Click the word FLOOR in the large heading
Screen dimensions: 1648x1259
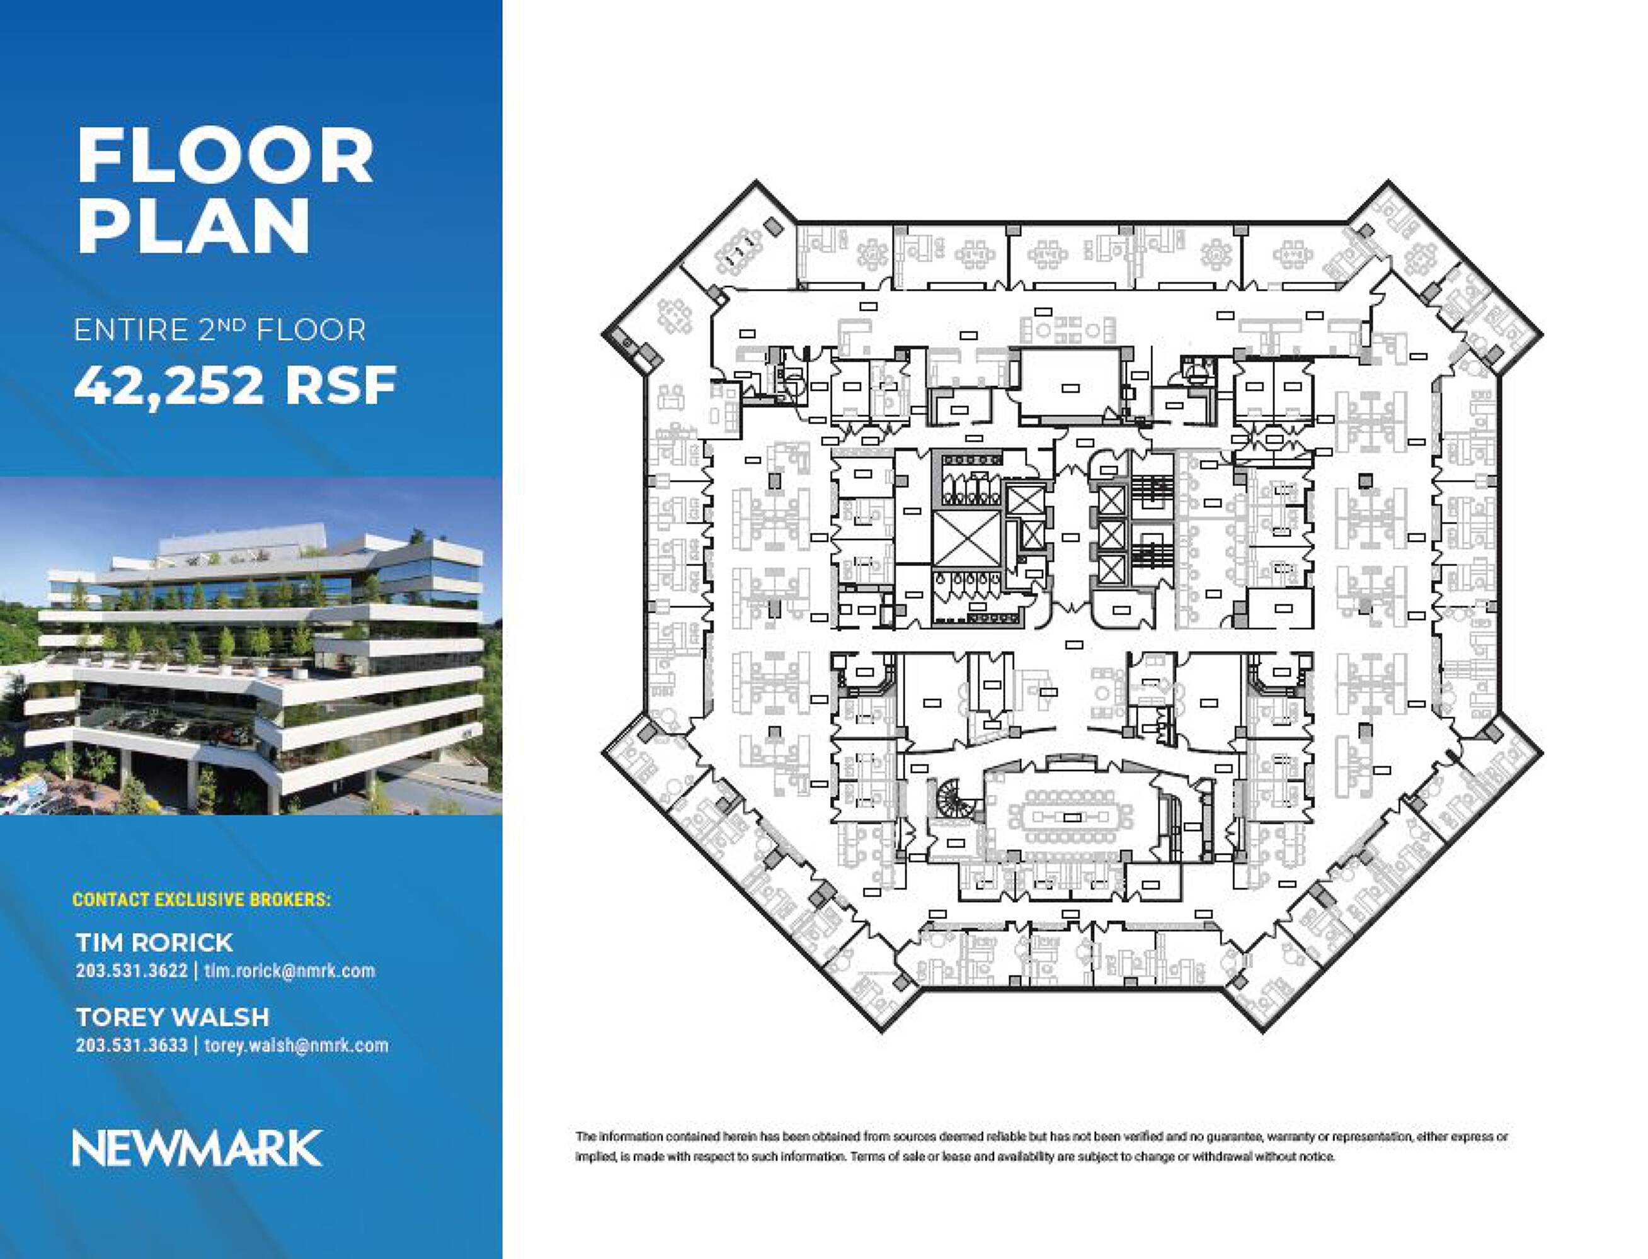pyautogui.click(x=225, y=157)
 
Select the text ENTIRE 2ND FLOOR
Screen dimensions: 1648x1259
pyautogui.click(x=220, y=330)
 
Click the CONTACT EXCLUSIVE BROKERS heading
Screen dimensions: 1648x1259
pyautogui.click(x=201, y=900)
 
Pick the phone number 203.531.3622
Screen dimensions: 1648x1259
pyautogui.click(x=131, y=971)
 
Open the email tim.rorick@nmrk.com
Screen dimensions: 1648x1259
pyautogui.click(x=289, y=971)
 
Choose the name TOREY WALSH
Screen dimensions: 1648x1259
pyautogui.click(x=173, y=1017)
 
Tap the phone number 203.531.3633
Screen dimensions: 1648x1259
pyautogui.click(x=131, y=1046)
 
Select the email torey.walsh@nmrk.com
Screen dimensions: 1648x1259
pyautogui.click(x=296, y=1046)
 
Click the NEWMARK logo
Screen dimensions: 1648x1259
pyautogui.click(x=197, y=1149)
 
